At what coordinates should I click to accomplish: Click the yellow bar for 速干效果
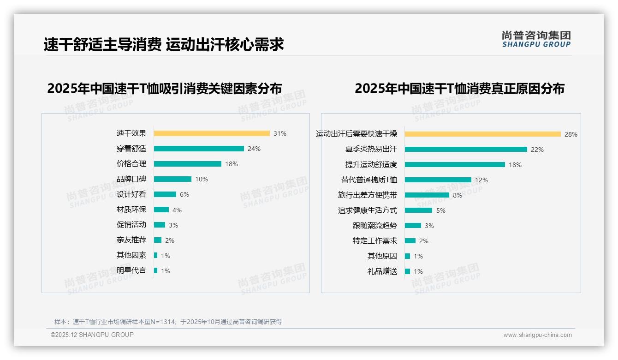(212, 133)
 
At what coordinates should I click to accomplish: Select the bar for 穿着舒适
(199, 149)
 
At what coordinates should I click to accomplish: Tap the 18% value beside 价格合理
(232, 164)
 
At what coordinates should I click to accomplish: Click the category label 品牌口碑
(131, 179)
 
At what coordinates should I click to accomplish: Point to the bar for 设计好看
(165, 194)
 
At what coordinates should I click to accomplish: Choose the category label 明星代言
(131, 270)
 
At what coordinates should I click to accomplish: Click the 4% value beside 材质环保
(177, 210)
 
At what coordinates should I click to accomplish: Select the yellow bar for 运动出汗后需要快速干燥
(482, 134)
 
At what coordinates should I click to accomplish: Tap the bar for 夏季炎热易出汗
(466, 150)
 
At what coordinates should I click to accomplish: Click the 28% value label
(571, 134)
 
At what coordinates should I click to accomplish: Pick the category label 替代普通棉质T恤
(369, 180)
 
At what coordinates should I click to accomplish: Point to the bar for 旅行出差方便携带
(427, 195)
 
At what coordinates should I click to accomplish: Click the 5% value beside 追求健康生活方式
(441, 210)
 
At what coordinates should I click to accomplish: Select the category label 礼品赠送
(382, 271)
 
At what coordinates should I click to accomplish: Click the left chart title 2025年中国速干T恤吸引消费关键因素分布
(164, 88)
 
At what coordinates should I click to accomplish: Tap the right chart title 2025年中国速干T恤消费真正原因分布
(459, 88)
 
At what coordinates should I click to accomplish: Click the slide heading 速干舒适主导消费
(102, 44)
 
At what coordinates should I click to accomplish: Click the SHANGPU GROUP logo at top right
(536, 39)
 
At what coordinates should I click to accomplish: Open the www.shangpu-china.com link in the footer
(537, 335)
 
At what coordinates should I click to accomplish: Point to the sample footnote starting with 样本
(168, 322)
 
